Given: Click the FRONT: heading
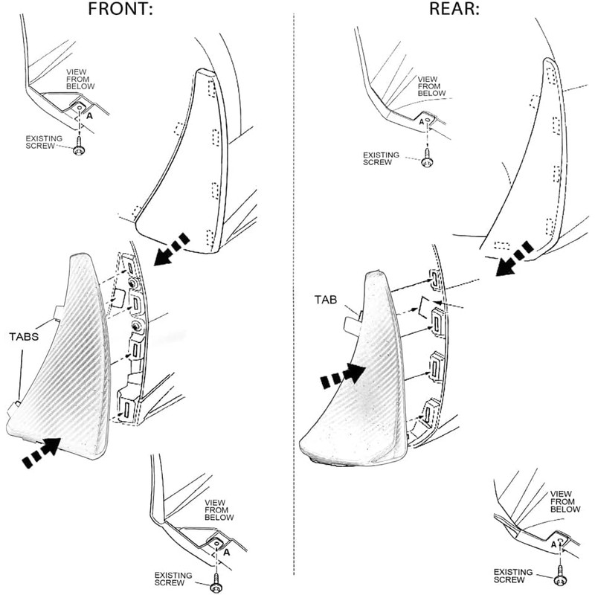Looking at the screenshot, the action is click(120, 9).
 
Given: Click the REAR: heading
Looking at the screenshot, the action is click(454, 9).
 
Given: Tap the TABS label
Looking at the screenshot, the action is click(24, 337).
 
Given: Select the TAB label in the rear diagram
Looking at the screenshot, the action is click(326, 300).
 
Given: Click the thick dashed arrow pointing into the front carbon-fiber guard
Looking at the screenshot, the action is click(41, 452).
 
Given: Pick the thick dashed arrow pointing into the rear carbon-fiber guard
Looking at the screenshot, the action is click(343, 376).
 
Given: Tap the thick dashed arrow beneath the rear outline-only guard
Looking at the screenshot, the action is click(514, 259).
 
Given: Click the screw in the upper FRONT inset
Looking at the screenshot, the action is click(80, 147).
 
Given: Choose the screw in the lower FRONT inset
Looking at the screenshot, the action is click(216, 584).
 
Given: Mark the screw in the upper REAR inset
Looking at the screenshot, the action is click(427, 158).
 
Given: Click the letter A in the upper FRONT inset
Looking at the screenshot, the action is click(89, 116).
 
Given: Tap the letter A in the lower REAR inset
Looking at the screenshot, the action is click(553, 545).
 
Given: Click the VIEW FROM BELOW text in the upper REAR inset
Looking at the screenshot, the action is click(431, 86).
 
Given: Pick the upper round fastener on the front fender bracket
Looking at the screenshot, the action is click(134, 283).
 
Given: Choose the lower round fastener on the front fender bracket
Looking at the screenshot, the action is click(136, 325).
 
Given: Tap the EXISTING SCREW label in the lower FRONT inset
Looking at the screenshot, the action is click(173, 579).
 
